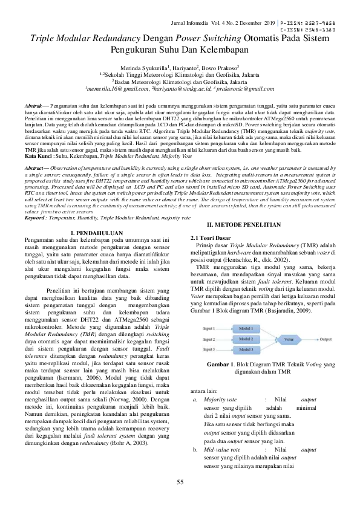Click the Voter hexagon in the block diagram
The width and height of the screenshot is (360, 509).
pyautogui.click(x=289, y=339)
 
